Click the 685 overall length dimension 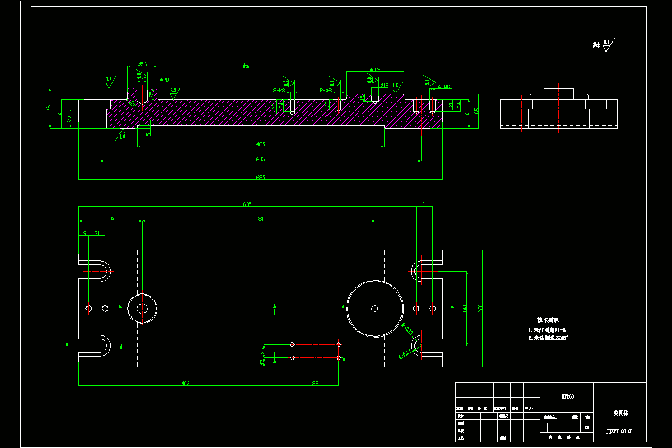[x=260, y=178]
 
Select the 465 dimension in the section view [x=260, y=144]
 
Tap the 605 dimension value [x=260, y=159]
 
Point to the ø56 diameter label [x=142, y=64]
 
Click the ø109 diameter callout [x=375, y=69]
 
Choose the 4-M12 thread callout [x=445, y=87]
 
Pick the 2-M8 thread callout [x=279, y=90]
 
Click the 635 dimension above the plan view [x=247, y=204]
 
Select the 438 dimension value [x=258, y=219]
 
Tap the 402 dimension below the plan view [x=185, y=384]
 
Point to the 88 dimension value [x=315, y=384]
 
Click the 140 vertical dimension [x=464, y=308]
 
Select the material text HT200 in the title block [x=567, y=396]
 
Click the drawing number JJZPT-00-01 [x=619, y=431]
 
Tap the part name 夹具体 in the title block [x=620, y=413]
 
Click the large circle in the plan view [x=375, y=308]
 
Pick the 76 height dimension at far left [x=48, y=108]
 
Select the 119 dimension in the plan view [x=110, y=219]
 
